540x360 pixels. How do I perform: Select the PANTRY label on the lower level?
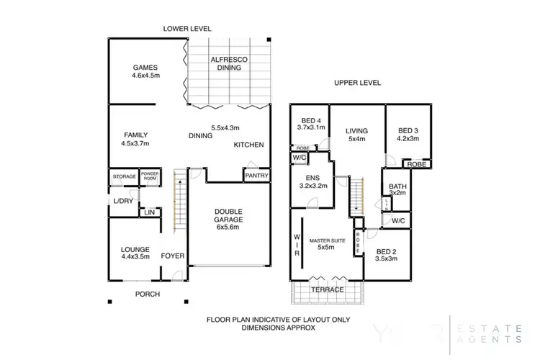257,175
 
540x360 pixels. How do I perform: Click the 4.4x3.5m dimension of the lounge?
135,256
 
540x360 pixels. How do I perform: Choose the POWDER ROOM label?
150,176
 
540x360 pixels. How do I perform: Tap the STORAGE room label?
124,176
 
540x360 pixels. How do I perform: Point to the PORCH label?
147,294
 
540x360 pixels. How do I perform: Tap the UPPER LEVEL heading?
357,83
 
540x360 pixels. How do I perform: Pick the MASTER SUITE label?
328,240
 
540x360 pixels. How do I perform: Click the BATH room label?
397,186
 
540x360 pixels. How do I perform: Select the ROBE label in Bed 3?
415,164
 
